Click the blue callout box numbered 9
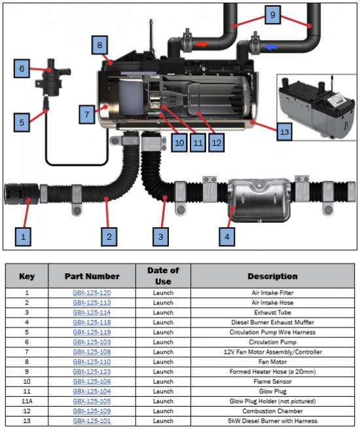coord(272,15)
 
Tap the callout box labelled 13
coord(284,132)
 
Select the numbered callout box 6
coord(22,68)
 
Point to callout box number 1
coord(23,236)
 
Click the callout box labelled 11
coord(198,143)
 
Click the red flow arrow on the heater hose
coord(202,44)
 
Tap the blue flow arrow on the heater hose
coord(270,47)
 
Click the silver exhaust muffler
coord(259,200)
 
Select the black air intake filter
coord(22,194)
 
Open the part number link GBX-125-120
coord(92,293)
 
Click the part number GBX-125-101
coord(92,420)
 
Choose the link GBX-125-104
coord(92,391)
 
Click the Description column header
coord(272,276)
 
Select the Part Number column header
coord(92,276)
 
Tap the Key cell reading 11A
coord(27,401)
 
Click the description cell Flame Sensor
coord(272,381)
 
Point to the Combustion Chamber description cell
coord(272,411)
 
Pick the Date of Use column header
coord(163,276)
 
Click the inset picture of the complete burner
coord(317,107)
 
